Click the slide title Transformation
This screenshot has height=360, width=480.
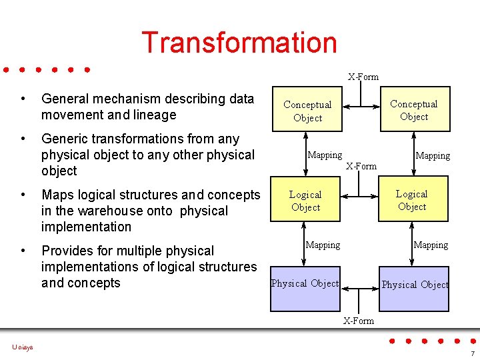click(239, 43)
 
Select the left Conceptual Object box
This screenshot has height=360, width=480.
click(307, 111)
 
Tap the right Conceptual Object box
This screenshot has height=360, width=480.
click(413, 110)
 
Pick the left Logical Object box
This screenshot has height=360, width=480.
click(305, 201)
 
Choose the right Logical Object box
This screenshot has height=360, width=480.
click(411, 200)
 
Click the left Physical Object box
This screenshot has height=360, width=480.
click(305, 287)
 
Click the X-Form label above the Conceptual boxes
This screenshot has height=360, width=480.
click(363, 77)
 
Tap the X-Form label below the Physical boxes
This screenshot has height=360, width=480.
click(359, 321)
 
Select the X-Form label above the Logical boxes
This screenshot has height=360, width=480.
click(361, 165)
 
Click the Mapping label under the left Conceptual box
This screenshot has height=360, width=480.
click(325, 155)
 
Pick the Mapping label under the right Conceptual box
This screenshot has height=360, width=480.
click(433, 156)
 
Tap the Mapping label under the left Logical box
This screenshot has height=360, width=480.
click(323, 245)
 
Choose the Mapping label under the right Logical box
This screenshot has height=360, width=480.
click(431, 245)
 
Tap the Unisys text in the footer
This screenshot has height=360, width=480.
click(22, 347)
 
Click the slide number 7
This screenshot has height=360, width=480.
click(472, 353)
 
